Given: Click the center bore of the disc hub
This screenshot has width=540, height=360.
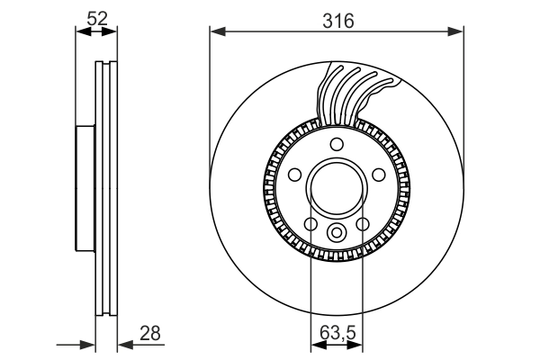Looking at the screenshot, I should [336, 190].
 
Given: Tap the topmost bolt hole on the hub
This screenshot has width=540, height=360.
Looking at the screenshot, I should [336, 146].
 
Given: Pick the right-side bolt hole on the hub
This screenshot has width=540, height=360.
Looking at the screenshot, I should [379, 175].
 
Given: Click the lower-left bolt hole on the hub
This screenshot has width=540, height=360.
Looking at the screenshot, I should [310, 224].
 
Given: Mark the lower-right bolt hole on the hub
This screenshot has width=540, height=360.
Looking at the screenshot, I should [363, 224].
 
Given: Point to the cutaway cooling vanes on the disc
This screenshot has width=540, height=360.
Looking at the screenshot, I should [355, 94].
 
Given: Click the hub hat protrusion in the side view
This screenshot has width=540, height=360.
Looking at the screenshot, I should [85, 190].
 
